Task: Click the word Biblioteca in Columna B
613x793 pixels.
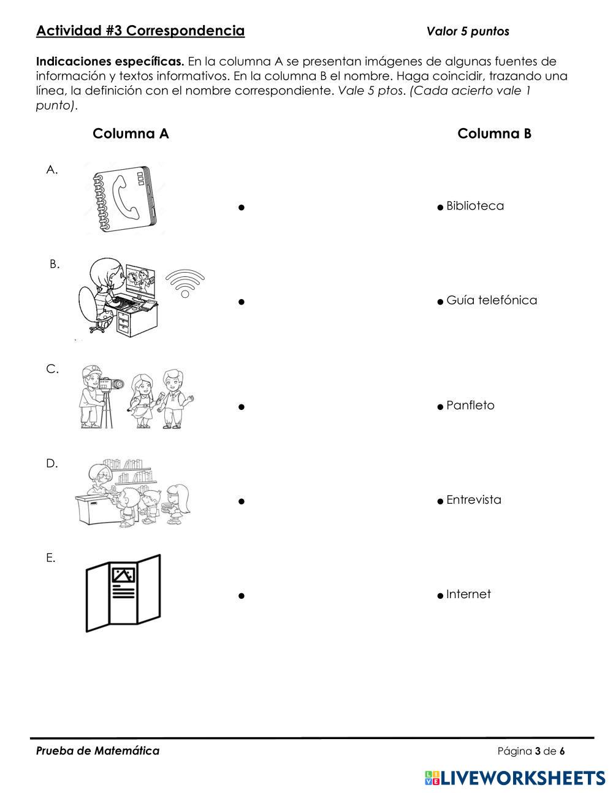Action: (475, 206)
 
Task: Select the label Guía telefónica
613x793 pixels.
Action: (492, 300)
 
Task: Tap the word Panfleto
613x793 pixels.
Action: (470, 406)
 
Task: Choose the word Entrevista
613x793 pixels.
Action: (474, 500)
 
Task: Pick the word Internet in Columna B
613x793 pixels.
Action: (468, 594)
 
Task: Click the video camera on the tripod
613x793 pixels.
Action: (111, 385)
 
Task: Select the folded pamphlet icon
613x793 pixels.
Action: (123, 592)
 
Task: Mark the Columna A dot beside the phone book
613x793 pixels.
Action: (242, 208)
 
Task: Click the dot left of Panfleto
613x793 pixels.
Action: (440, 407)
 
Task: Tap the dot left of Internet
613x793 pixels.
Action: (440, 596)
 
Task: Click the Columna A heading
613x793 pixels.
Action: (131, 134)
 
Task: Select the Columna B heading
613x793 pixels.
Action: (494, 134)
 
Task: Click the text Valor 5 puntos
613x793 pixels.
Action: (468, 31)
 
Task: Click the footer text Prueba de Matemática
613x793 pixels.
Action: (97, 751)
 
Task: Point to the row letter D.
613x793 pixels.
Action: (51, 464)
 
